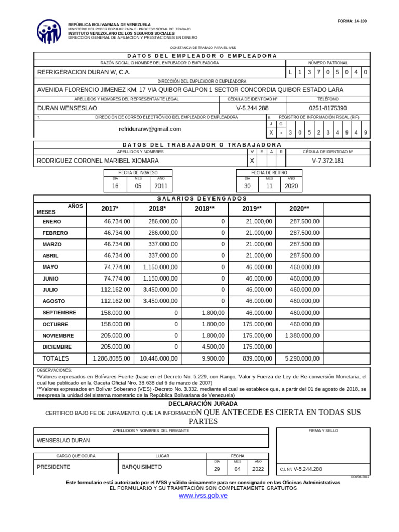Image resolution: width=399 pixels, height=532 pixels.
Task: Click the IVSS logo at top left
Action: click(49, 32)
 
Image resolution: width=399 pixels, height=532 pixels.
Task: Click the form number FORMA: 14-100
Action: click(352, 21)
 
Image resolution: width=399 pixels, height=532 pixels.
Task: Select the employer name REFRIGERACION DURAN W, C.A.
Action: click(84, 72)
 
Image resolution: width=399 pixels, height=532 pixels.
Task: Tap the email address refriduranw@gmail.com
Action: click(150, 129)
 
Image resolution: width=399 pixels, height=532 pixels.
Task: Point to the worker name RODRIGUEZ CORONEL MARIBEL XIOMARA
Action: click(98, 161)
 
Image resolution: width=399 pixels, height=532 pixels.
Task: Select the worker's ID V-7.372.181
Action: click(328, 161)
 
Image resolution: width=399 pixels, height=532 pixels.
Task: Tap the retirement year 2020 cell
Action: click(291, 186)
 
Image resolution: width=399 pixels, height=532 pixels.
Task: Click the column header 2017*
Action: click(110, 209)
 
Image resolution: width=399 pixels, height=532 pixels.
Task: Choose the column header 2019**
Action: click(252, 209)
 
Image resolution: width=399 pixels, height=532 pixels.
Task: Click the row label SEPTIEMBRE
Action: click(59, 313)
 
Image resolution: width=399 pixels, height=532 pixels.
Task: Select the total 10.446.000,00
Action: click(158, 358)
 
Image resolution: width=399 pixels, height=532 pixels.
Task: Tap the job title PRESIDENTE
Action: click(54, 467)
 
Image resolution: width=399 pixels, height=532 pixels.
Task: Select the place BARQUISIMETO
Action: click(142, 467)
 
